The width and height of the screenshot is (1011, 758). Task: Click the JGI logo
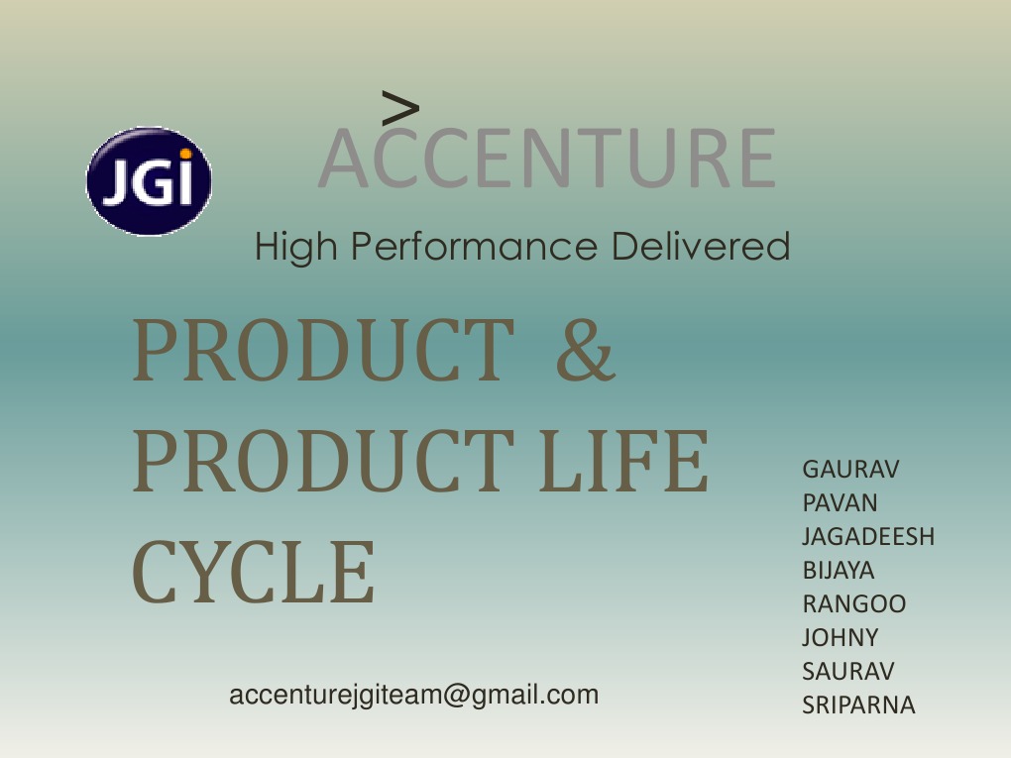(x=149, y=181)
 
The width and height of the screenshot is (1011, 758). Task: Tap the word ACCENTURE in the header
(x=547, y=159)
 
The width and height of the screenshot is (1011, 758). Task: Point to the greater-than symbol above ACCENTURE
(x=399, y=105)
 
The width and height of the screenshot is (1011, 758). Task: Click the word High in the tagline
(x=295, y=246)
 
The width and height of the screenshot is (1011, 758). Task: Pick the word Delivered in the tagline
(x=700, y=246)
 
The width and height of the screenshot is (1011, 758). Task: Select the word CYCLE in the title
(x=254, y=573)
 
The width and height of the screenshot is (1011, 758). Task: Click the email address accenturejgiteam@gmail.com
(x=413, y=695)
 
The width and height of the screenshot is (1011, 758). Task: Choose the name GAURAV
(x=850, y=469)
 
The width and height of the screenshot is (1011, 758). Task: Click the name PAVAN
(x=840, y=502)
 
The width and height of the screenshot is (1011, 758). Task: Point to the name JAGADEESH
(x=868, y=536)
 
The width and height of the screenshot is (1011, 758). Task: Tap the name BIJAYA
(x=839, y=570)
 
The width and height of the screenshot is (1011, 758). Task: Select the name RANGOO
(x=853, y=603)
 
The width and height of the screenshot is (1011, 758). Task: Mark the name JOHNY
(x=840, y=637)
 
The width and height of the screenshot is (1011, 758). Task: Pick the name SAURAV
(x=847, y=671)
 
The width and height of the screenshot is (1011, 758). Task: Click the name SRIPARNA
(x=858, y=704)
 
